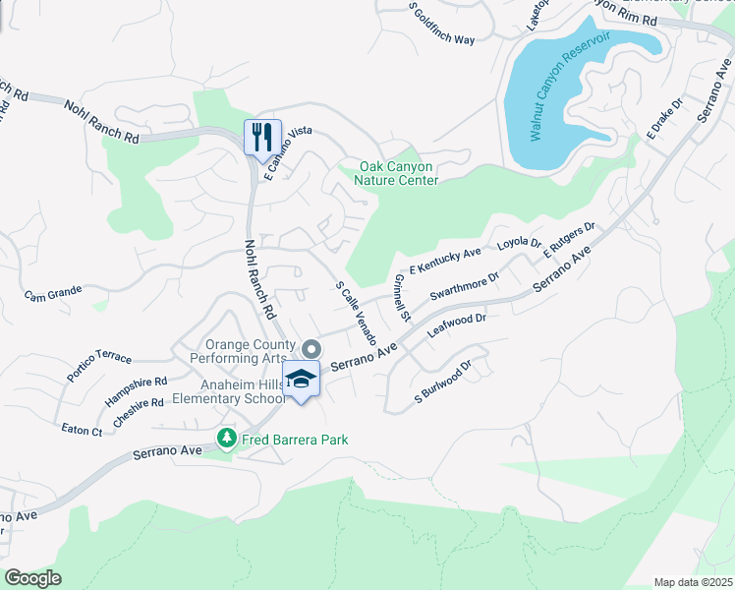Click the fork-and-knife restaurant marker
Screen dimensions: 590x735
[262, 136]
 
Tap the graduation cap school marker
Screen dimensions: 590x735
[302, 380]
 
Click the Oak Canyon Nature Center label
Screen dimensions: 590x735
[398, 174]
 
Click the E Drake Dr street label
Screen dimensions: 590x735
[664, 118]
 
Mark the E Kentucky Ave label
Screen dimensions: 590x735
[445, 260]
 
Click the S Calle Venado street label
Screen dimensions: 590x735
[357, 312]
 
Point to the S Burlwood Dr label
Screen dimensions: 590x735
[443, 383]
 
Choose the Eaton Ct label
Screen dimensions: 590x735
[82, 431]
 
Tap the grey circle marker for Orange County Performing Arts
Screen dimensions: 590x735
[311, 349]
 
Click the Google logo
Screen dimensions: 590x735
[32, 578]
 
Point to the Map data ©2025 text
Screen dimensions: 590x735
[692, 582]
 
